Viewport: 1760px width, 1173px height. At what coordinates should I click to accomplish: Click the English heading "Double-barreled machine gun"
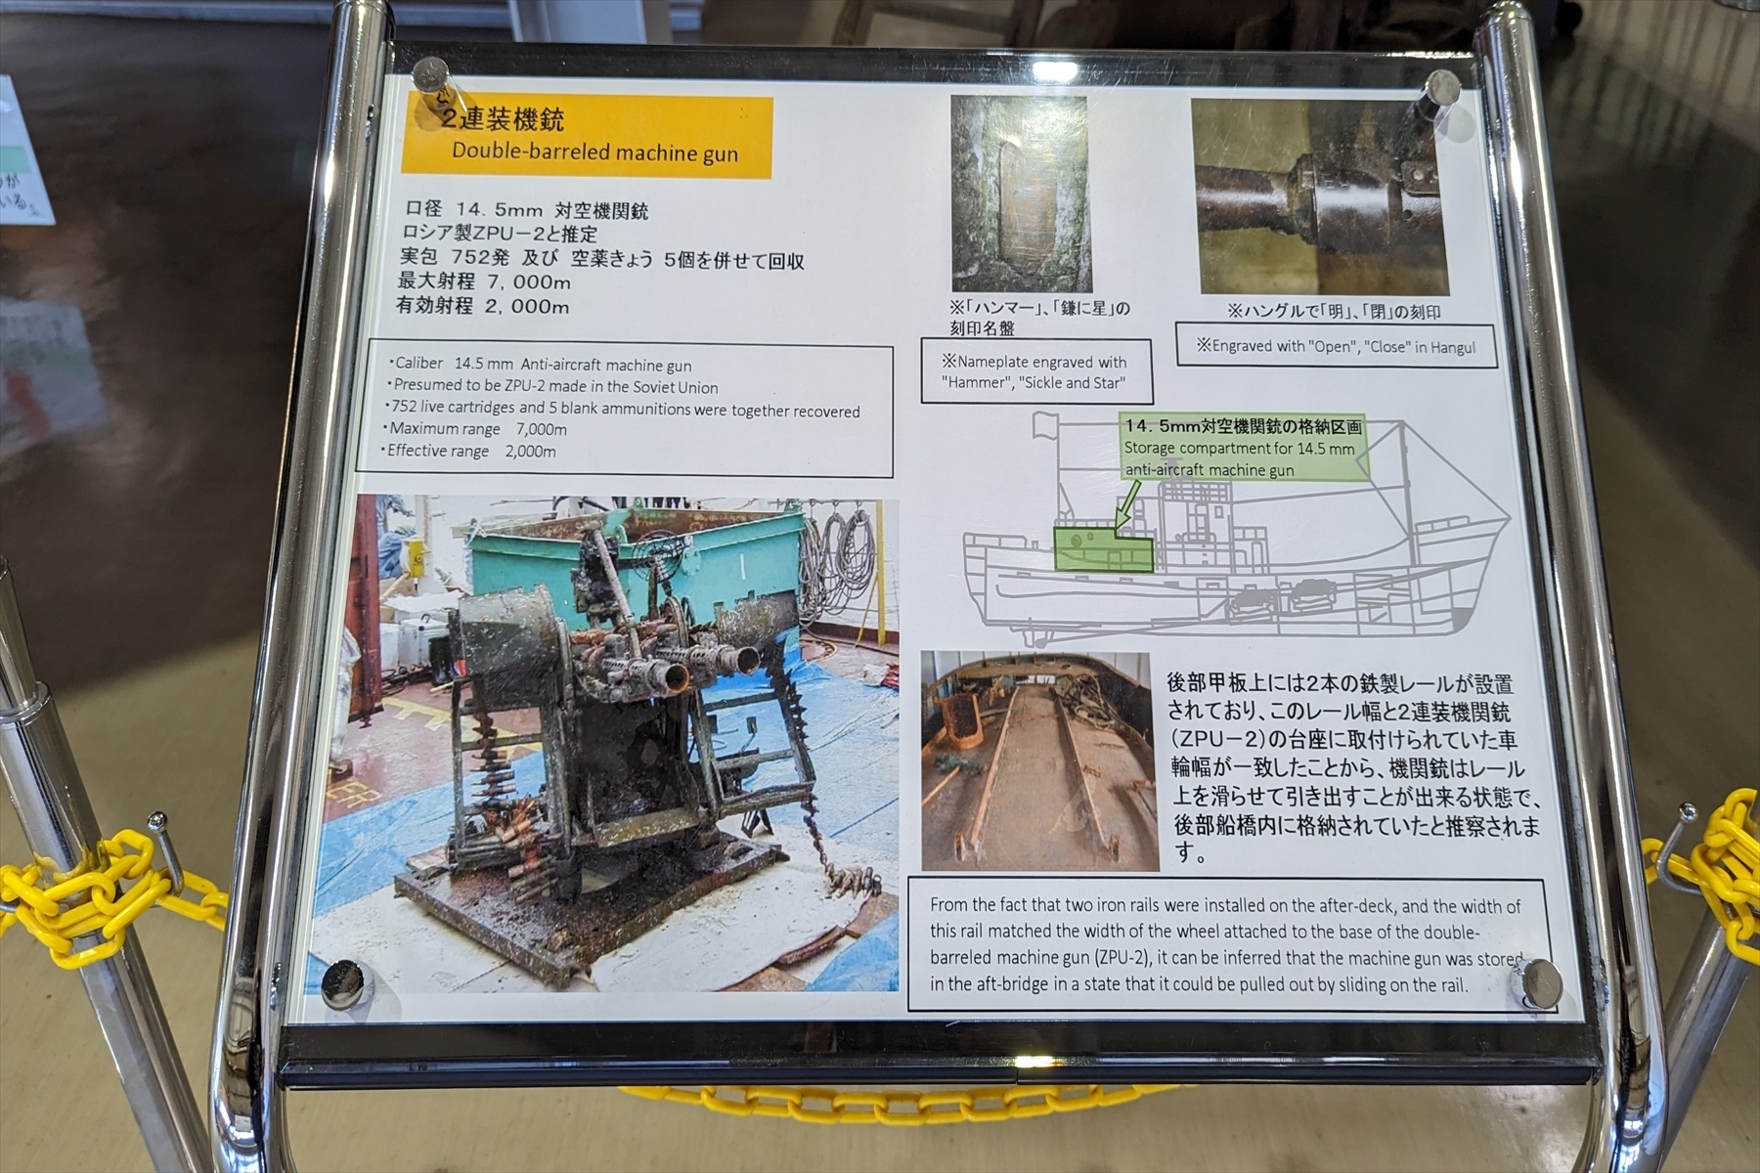click(x=594, y=152)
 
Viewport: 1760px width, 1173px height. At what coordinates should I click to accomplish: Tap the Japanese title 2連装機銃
click(x=503, y=120)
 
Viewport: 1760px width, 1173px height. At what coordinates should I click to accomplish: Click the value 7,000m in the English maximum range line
click(x=541, y=429)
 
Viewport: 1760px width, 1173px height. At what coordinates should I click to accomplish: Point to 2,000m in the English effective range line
click(x=530, y=452)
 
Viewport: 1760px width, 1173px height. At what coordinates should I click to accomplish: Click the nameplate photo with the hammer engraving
click(x=1020, y=193)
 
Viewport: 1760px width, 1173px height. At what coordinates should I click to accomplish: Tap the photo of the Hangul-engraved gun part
click(x=1319, y=196)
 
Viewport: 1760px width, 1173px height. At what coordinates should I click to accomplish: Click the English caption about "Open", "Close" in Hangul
click(x=1336, y=346)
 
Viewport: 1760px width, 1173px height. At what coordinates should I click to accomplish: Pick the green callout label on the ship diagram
click(x=1242, y=449)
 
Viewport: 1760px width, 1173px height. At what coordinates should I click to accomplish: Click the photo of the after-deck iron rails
click(x=1037, y=760)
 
